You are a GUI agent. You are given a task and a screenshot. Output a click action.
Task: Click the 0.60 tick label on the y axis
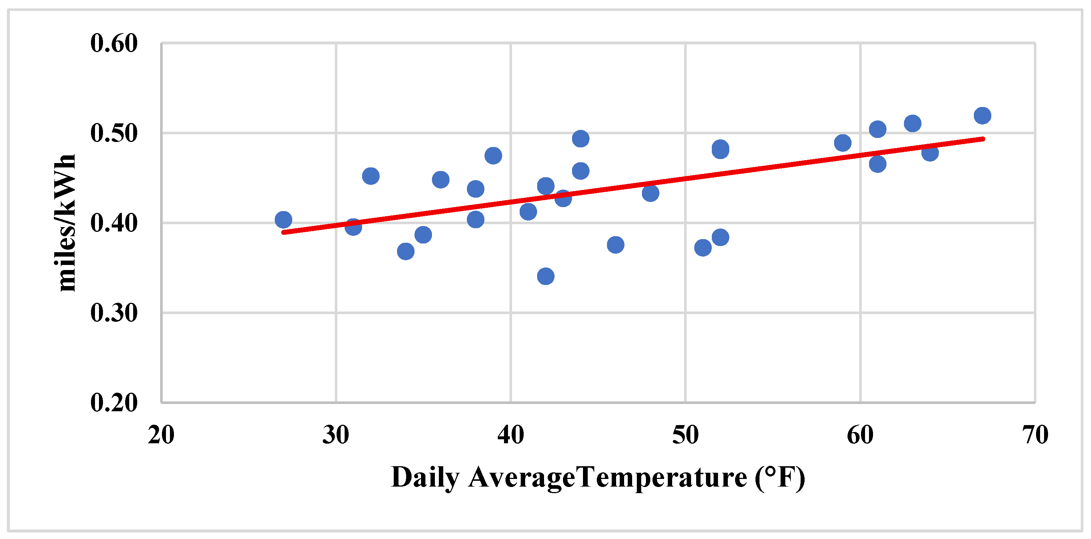[114, 43]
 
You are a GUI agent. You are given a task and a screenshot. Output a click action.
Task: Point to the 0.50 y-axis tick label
[114, 133]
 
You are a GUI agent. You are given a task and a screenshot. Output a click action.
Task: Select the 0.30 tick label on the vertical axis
[114, 313]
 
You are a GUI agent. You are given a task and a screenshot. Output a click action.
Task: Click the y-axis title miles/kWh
[64, 223]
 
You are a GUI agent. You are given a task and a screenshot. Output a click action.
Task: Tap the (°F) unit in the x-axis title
[780, 478]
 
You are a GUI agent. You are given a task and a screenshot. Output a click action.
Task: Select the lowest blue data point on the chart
[545, 277]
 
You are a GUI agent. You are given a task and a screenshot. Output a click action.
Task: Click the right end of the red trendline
[983, 139]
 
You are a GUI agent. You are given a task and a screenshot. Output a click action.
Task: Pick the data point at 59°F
[843, 143]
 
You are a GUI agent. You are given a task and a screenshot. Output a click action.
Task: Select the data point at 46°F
[615, 245]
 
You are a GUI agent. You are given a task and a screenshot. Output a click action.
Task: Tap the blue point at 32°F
[370, 176]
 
